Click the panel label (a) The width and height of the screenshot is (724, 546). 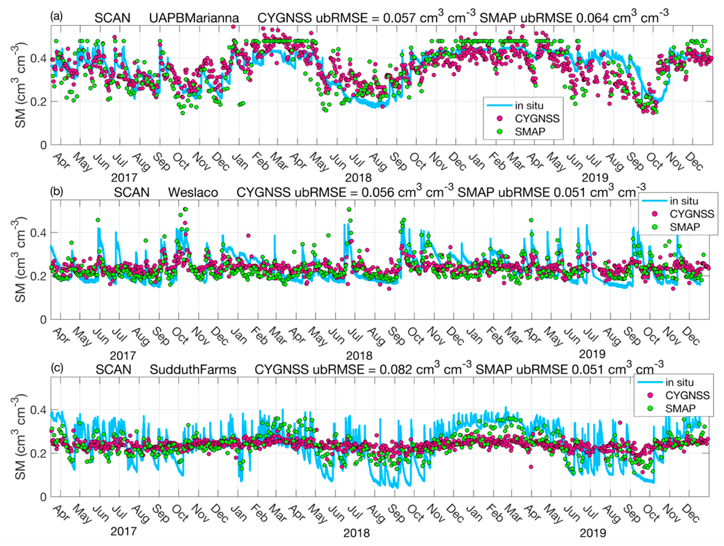point(56,16)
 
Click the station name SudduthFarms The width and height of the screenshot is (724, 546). point(193,370)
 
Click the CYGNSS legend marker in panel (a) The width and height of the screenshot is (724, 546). point(500,118)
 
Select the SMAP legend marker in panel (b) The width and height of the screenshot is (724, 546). point(655,227)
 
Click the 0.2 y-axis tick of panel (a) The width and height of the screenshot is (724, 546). point(38,101)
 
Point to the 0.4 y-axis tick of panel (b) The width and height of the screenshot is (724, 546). point(38,233)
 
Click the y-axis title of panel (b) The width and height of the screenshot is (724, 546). point(20,259)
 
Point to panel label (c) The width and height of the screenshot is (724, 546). point(56,368)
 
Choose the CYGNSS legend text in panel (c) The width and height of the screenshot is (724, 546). point(687,395)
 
